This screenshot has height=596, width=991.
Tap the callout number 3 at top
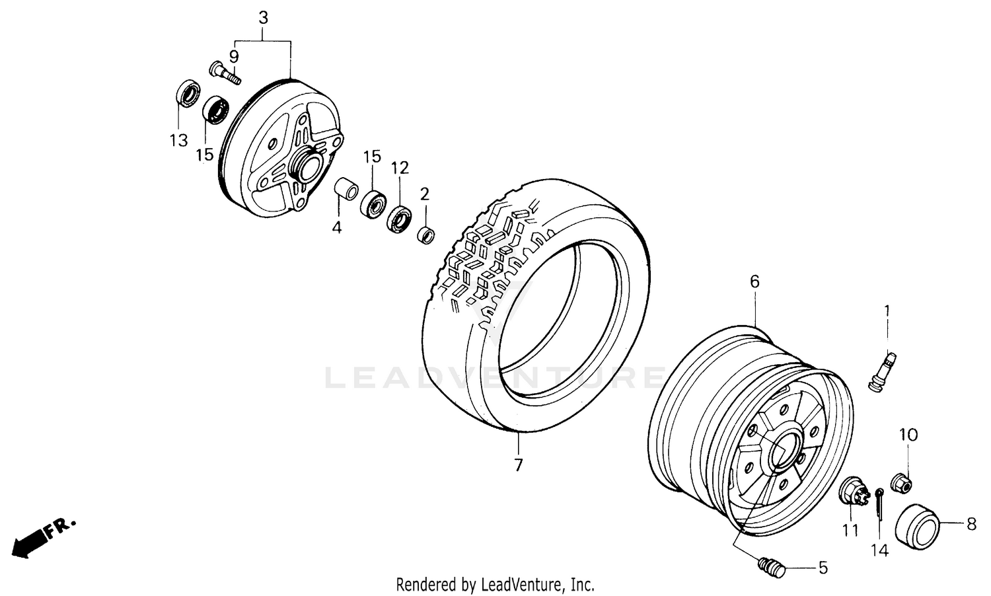[263, 18]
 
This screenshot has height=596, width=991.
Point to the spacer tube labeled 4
[344, 188]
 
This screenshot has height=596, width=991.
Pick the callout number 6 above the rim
[754, 281]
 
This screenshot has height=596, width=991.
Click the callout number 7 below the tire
[518, 465]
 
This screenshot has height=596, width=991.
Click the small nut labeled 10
[902, 482]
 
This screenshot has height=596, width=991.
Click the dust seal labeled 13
[188, 93]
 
